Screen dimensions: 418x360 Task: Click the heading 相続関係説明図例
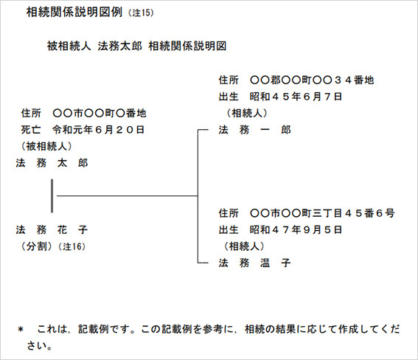click(x=74, y=12)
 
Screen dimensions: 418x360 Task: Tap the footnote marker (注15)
click(x=141, y=13)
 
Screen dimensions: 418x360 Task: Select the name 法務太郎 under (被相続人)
click(x=52, y=163)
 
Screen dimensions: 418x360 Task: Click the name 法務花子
click(x=52, y=229)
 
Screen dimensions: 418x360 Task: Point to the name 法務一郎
click(x=254, y=130)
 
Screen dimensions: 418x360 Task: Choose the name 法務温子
click(x=254, y=263)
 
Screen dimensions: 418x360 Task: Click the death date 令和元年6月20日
click(x=98, y=130)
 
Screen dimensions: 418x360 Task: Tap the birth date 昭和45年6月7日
click(x=296, y=97)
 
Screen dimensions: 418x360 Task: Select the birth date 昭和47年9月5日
click(x=296, y=229)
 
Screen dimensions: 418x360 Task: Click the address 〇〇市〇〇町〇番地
click(x=100, y=114)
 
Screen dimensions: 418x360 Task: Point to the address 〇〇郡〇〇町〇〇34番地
click(x=312, y=80)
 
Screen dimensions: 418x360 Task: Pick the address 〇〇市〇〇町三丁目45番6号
click(x=323, y=213)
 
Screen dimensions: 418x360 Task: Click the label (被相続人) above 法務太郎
click(x=46, y=146)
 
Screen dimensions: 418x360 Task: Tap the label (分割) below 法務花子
click(x=36, y=246)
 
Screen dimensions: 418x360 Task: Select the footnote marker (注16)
click(x=72, y=246)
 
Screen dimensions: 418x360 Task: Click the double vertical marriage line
click(x=52, y=196)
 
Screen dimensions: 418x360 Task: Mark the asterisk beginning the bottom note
click(x=21, y=330)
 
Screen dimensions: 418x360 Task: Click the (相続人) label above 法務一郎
click(x=246, y=113)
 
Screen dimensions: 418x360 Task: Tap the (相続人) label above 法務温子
click(x=244, y=246)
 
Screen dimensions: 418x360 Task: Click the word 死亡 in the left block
click(x=31, y=130)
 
